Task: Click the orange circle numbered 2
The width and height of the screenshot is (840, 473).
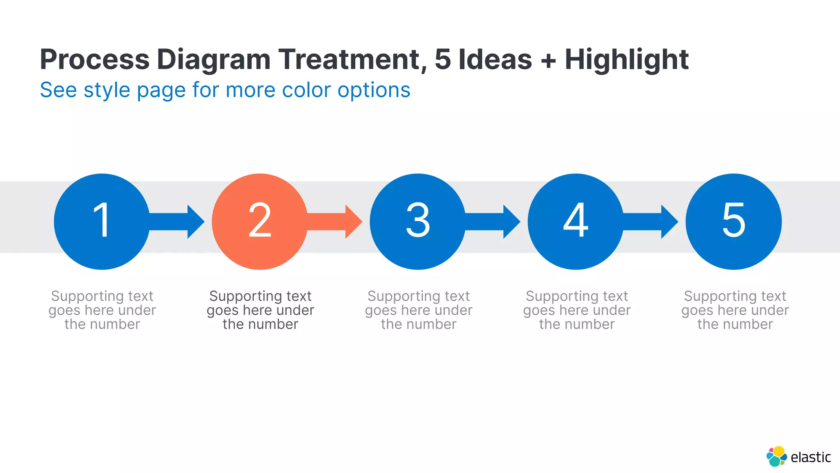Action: pyautogui.click(x=260, y=221)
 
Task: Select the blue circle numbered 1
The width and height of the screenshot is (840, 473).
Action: pyautogui.click(x=102, y=221)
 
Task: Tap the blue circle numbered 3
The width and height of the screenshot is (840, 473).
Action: pyautogui.click(x=418, y=221)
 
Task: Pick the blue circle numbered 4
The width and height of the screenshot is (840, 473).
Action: pyautogui.click(x=575, y=221)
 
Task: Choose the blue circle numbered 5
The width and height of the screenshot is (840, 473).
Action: pyautogui.click(x=733, y=221)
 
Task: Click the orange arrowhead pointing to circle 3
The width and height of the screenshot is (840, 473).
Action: pyautogui.click(x=353, y=222)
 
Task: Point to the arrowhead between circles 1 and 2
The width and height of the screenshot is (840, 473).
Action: pyautogui.click(x=195, y=222)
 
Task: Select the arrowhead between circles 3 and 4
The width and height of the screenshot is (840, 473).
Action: pyautogui.click(x=511, y=222)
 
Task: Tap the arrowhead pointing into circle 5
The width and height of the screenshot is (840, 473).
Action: pyautogui.click(x=669, y=222)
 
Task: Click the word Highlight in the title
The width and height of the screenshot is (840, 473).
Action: pyautogui.click(x=626, y=60)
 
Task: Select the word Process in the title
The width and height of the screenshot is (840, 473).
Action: pyautogui.click(x=94, y=60)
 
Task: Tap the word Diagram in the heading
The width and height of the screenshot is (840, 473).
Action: pyautogui.click(x=213, y=60)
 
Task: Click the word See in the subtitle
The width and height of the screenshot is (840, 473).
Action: pyautogui.click(x=58, y=90)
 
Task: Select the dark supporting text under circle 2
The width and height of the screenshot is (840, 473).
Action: pyautogui.click(x=260, y=310)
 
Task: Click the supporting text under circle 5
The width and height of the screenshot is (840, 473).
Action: pyautogui.click(x=735, y=310)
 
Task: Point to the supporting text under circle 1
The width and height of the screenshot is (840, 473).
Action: pyautogui.click(x=102, y=310)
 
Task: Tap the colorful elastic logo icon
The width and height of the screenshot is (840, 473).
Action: pyautogui.click(x=776, y=457)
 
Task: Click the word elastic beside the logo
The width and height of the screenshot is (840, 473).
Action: pyautogui.click(x=810, y=457)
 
